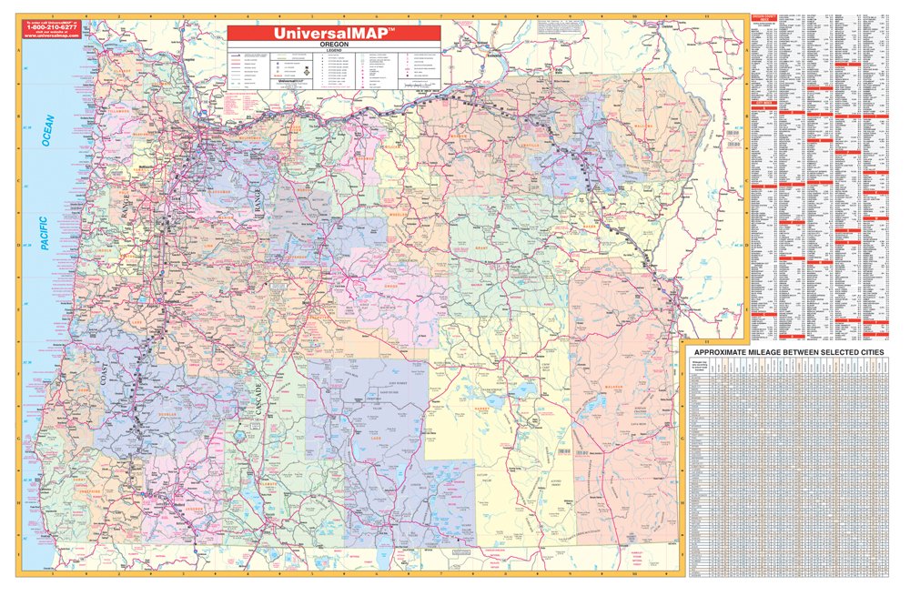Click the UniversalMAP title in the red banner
[334, 33]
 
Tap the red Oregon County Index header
[762, 16]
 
